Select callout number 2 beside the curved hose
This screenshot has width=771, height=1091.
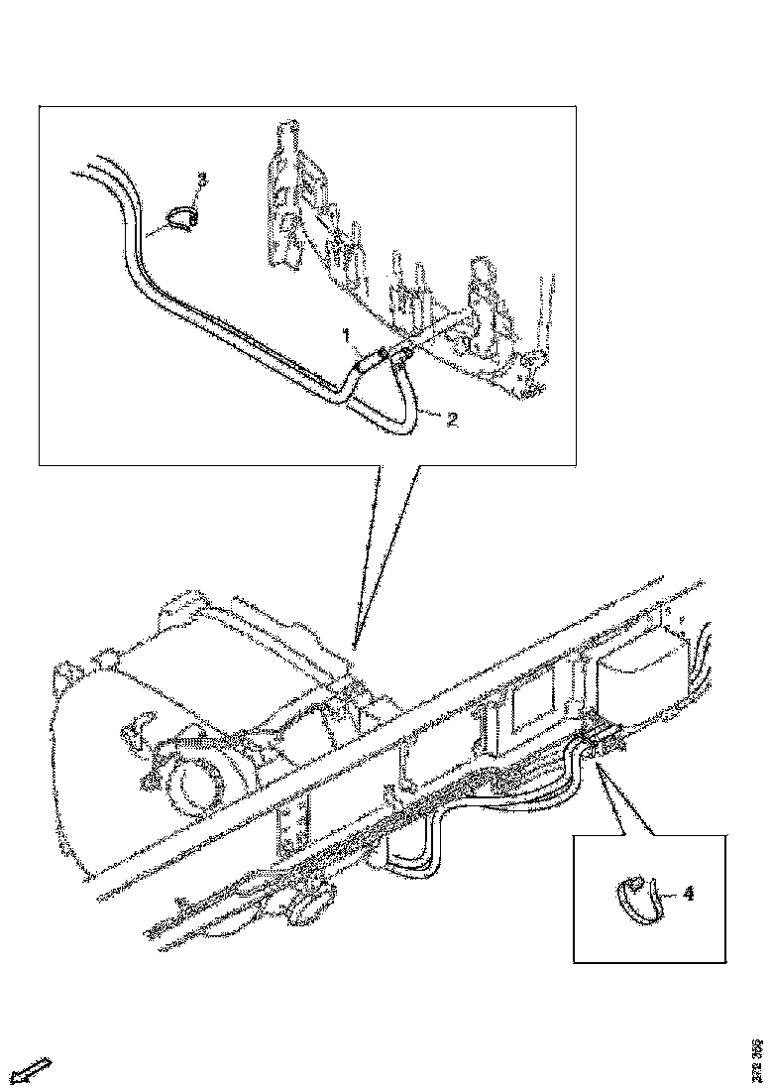coord(451,420)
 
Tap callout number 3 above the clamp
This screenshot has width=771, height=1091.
coord(201,179)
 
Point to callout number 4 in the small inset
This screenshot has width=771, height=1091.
coord(687,893)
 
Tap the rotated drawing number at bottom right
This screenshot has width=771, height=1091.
coord(757,1057)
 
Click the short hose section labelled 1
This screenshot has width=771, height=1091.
coord(368,361)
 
